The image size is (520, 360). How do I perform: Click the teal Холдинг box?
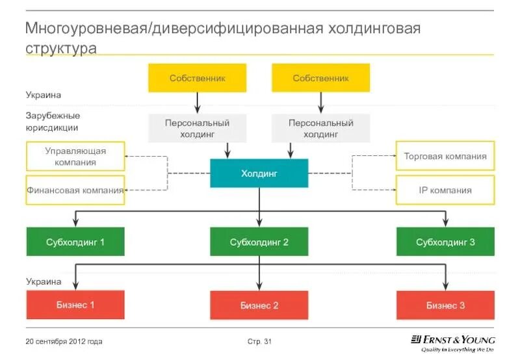(x=259, y=173)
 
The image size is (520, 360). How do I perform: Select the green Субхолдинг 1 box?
(x=75, y=242)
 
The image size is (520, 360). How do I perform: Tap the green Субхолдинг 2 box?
(x=259, y=242)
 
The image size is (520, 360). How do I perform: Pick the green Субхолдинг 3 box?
(x=445, y=242)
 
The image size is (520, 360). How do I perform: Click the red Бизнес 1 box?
(x=75, y=305)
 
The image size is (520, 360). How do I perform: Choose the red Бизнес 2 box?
(x=259, y=305)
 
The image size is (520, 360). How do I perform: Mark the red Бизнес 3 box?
(x=445, y=305)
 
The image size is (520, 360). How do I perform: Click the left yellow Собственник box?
(x=197, y=78)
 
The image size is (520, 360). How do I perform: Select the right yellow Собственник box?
(x=320, y=78)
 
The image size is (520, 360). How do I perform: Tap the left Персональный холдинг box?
(x=197, y=128)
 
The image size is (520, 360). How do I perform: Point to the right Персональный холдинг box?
(x=320, y=128)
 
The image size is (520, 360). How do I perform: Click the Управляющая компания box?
(x=75, y=156)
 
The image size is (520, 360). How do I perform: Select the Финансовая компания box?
(x=75, y=190)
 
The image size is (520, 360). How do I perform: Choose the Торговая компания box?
(x=445, y=156)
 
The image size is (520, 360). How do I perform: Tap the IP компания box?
(x=445, y=190)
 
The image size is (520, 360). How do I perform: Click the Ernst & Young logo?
(x=452, y=344)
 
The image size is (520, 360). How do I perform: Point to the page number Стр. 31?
(x=259, y=341)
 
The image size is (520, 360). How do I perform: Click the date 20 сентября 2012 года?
(x=64, y=341)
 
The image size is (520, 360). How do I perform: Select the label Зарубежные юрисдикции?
(x=53, y=122)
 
